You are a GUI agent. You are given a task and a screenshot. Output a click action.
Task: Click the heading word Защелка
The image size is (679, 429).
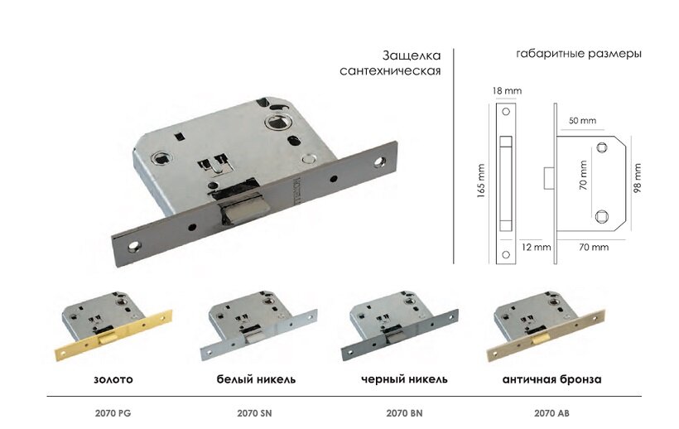(x=412, y=55)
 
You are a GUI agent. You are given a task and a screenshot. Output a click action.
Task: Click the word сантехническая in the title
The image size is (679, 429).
(x=390, y=71)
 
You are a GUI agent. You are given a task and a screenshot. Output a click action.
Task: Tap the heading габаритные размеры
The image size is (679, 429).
(x=579, y=54)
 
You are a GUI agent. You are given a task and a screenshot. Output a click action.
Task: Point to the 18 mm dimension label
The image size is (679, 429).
(x=507, y=91)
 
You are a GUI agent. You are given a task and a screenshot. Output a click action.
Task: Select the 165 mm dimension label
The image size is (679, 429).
(x=481, y=181)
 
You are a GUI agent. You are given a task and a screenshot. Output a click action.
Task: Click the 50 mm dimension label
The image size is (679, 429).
(x=582, y=120)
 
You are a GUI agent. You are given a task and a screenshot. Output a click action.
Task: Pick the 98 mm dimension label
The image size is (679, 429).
(x=637, y=178)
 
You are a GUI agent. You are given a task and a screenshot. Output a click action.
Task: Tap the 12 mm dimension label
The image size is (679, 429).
(x=536, y=247)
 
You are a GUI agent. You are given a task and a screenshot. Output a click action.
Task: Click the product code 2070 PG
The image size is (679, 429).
(x=113, y=413)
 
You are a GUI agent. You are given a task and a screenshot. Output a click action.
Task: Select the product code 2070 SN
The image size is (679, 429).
(x=254, y=413)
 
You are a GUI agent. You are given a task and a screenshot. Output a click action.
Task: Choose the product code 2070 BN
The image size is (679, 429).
(x=404, y=413)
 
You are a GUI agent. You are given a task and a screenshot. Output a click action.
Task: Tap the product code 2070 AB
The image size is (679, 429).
(x=551, y=413)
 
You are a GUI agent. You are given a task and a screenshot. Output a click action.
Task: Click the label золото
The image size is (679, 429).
(x=113, y=379)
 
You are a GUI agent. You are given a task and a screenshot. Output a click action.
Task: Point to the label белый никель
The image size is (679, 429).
(x=256, y=379)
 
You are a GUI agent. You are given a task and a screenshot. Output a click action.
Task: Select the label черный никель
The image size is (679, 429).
(x=404, y=379)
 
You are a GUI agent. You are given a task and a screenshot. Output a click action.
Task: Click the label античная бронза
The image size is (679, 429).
(x=551, y=379)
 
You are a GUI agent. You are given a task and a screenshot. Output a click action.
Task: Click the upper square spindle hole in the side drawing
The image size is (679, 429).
(x=601, y=147)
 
